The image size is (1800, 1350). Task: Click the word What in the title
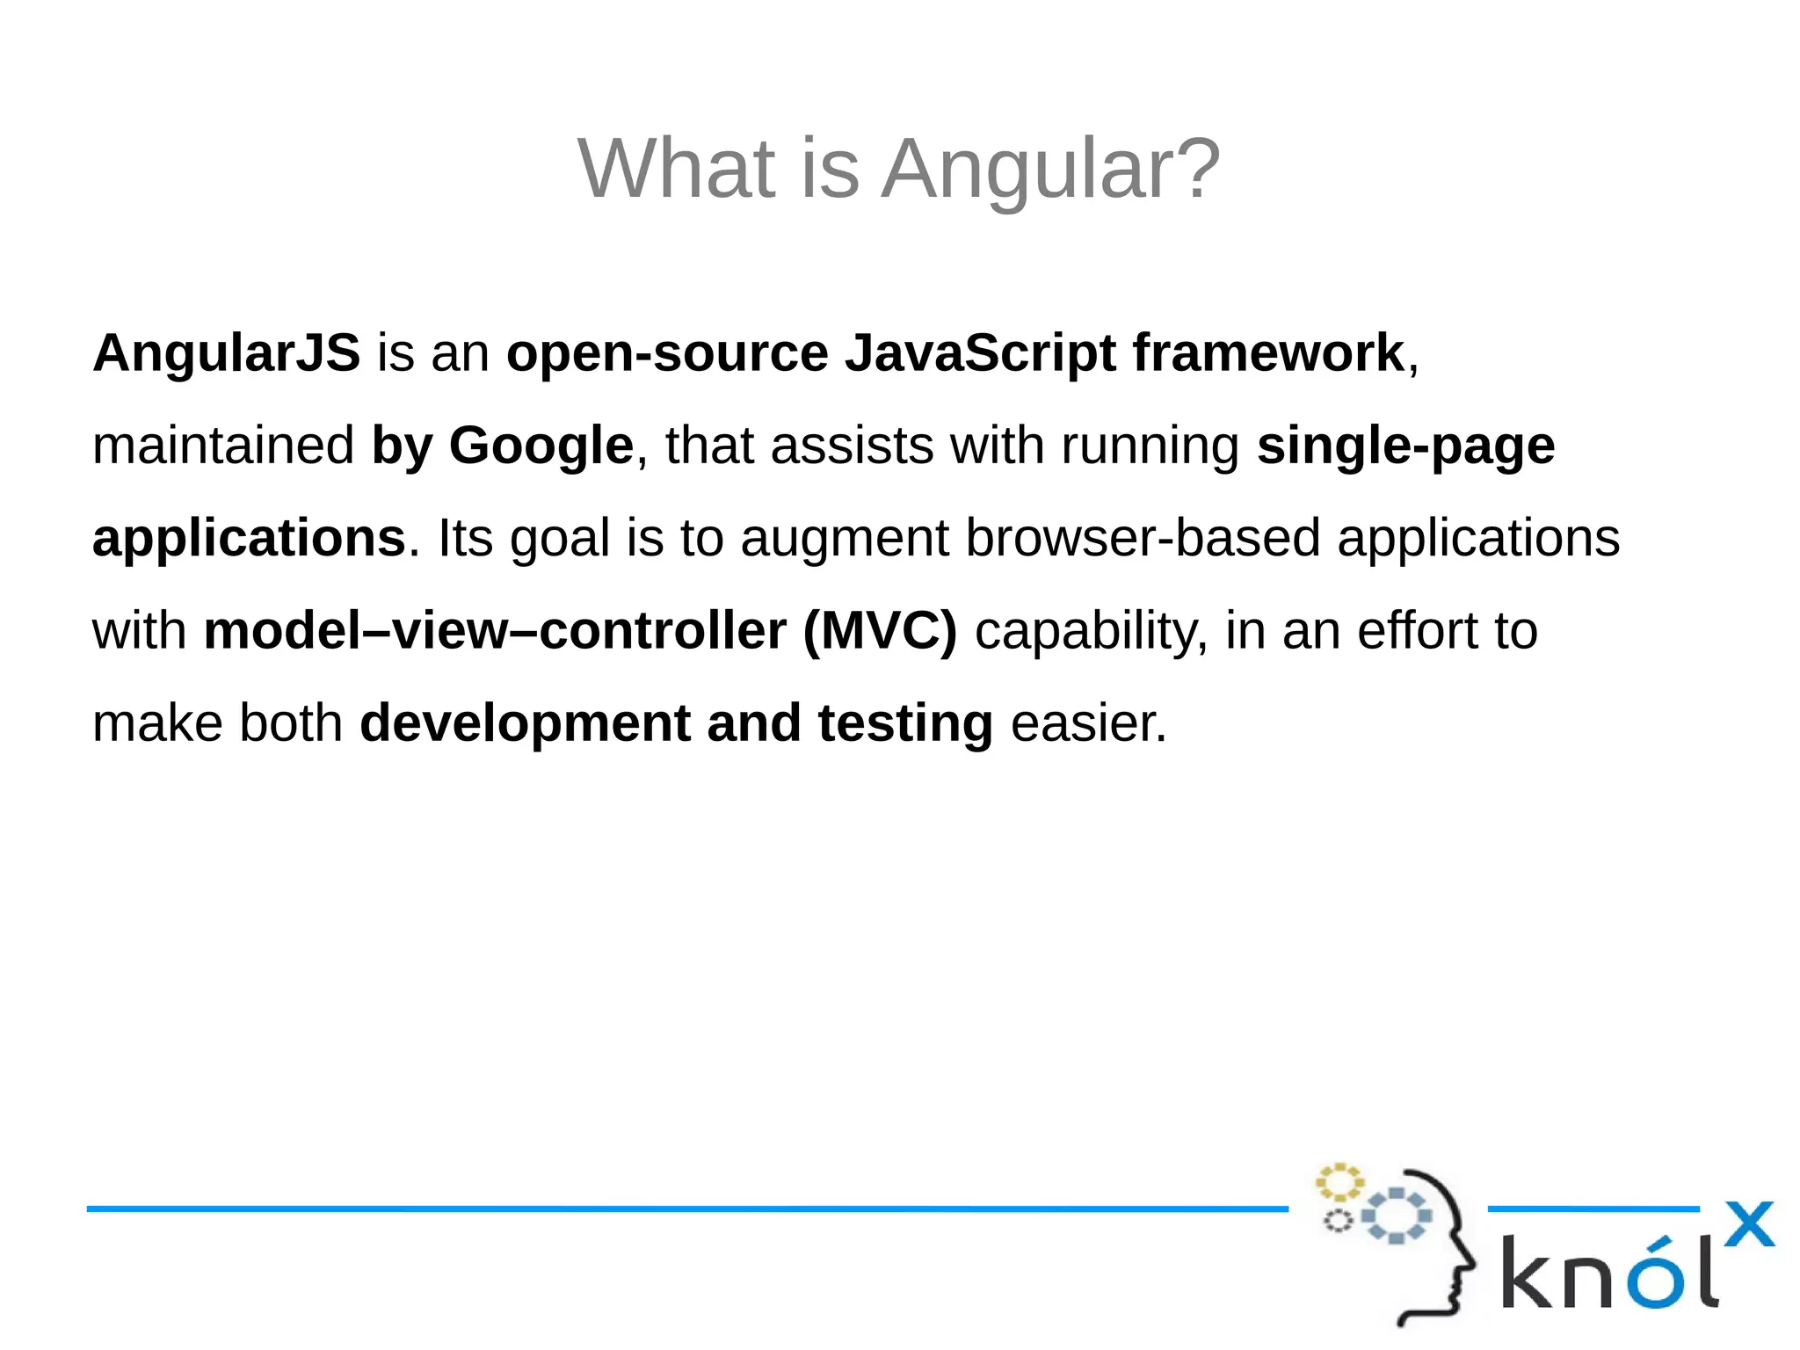[676, 169]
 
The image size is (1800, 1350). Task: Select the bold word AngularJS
[226, 354]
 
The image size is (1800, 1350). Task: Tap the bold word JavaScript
[980, 354]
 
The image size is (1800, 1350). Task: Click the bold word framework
[1268, 354]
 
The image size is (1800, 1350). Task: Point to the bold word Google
[541, 446]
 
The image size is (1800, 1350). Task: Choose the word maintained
[223, 446]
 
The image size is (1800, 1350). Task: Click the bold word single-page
[1405, 446]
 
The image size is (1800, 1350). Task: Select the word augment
[845, 539]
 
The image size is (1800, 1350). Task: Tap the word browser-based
[1143, 539]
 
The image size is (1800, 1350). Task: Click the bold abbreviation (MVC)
[880, 631]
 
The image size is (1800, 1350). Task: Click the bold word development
[525, 724]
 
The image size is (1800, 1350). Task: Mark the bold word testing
[905, 724]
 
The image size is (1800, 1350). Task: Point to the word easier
[1088, 724]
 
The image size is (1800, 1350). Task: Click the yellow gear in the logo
[1339, 1182]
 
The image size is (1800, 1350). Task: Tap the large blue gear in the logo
[1397, 1216]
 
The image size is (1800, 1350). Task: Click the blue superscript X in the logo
[1749, 1224]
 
